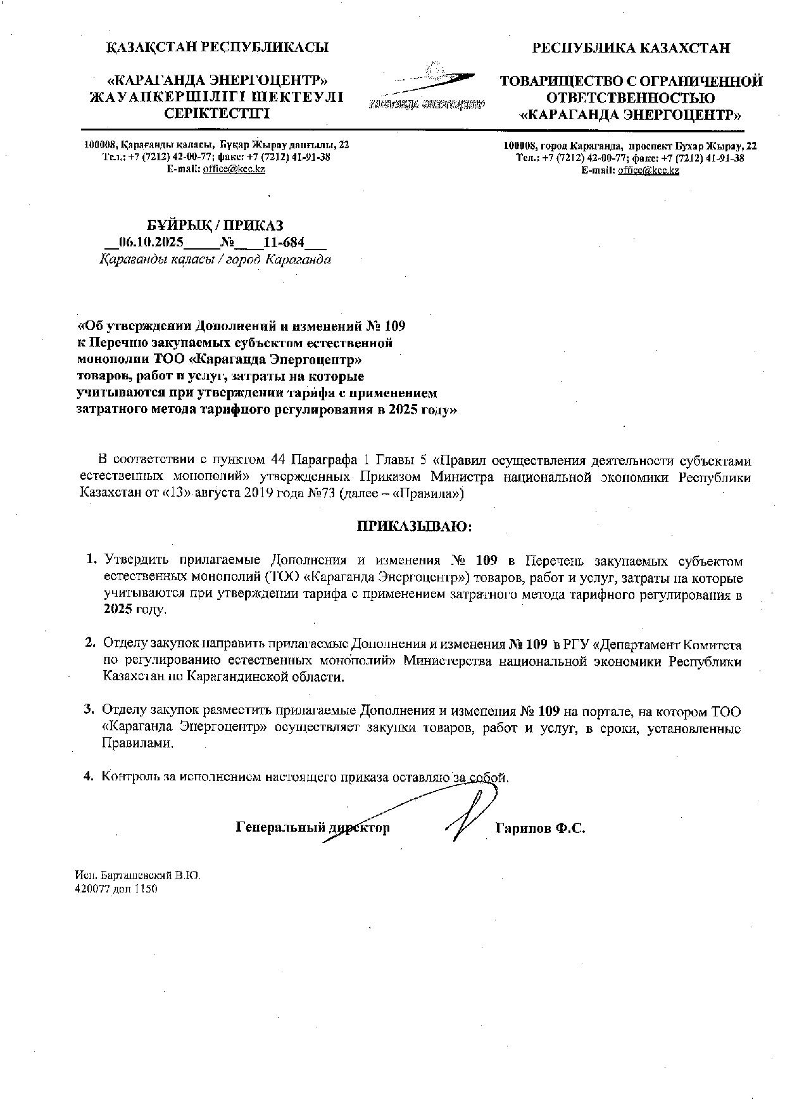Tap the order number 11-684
pyautogui.click(x=284, y=243)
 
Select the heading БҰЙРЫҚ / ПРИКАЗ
pyautogui.click(x=215, y=225)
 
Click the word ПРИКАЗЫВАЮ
pyautogui.click(x=415, y=526)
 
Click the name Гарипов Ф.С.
pyautogui.click(x=540, y=828)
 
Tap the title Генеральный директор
pyautogui.click(x=312, y=828)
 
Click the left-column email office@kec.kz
pyautogui.click(x=234, y=169)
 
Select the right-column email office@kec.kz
pyautogui.click(x=648, y=170)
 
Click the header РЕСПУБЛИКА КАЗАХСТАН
pyautogui.click(x=631, y=48)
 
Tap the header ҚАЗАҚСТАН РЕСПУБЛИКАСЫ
pyautogui.click(x=217, y=47)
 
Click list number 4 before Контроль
pyautogui.click(x=89, y=776)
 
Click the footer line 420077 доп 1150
pyautogui.click(x=116, y=889)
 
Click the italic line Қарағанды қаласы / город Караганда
pyautogui.click(x=215, y=260)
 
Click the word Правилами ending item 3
pyautogui.click(x=137, y=744)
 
